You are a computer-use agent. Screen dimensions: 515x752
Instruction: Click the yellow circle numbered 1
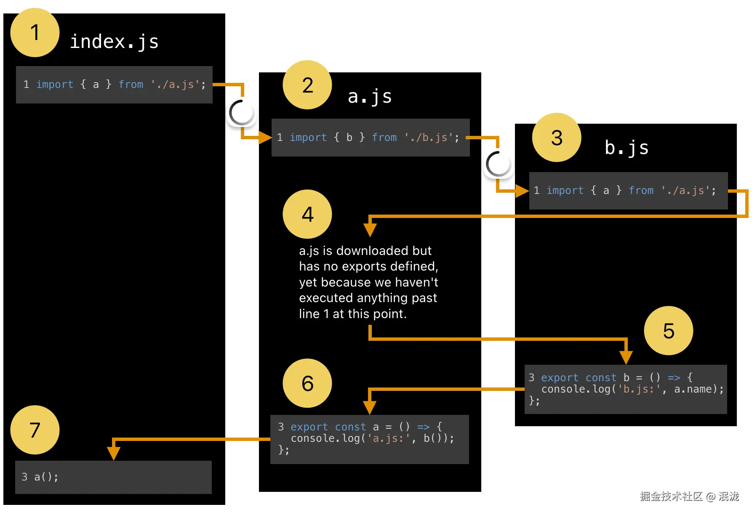pyautogui.click(x=35, y=32)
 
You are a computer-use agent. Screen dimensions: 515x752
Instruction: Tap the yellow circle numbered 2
pyautogui.click(x=307, y=85)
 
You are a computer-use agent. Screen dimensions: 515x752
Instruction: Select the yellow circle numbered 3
pyautogui.click(x=557, y=138)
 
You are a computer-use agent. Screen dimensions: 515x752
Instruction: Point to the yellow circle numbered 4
pyautogui.click(x=307, y=214)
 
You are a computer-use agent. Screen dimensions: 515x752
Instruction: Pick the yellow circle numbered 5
pyautogui.click(x=668, y=331)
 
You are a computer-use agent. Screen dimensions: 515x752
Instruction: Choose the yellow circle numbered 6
pyautogui.click(x=307, y=383)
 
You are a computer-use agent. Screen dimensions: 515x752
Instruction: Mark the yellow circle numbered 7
pyautogui.click(x=35, y=430)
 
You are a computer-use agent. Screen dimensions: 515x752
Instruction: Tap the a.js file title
pyautogui.click(x=370, y=97)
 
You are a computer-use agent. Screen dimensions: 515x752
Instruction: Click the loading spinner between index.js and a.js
pyautogui.click(x=241, y=113)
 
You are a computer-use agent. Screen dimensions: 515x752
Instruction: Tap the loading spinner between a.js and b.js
pyautogui.click(x=498, y=164)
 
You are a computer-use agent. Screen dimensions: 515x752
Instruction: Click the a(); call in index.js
pyautogui.click(x=46, y=477)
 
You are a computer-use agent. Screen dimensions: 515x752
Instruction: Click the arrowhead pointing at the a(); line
pyautogui.click(x=113, y=454)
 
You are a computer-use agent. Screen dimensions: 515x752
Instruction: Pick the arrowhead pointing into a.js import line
pyautogui.click(x=266, y=138)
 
